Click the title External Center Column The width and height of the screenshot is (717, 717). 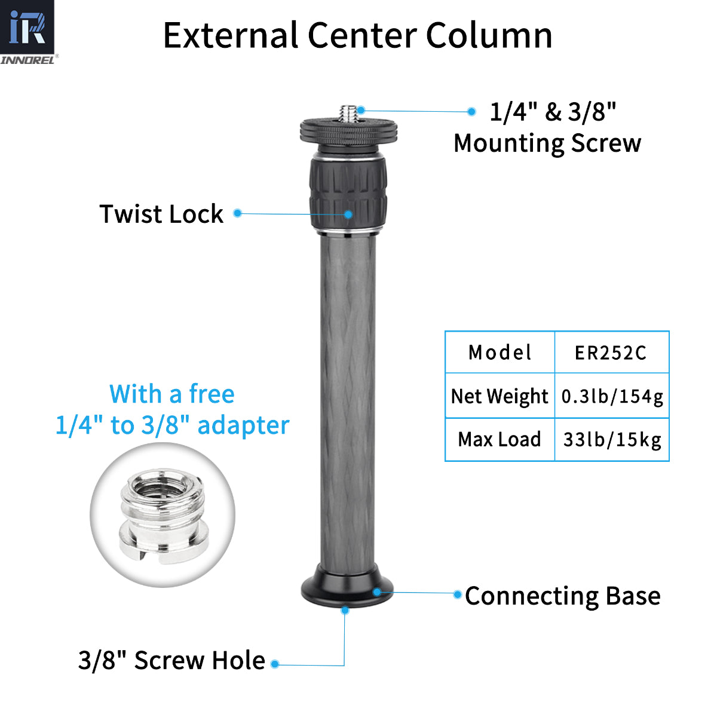[x=357, y=35]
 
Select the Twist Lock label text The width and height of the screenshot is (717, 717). [x=161, y=214]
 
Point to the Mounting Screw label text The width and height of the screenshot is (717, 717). [x=547, y=143]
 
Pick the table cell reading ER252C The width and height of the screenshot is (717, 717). [x=611, y=353]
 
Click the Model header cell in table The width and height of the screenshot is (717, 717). [x=500, y=353]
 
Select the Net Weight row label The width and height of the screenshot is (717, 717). [x=500, y=396]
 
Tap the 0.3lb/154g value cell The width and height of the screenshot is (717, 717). [x=612, y=396]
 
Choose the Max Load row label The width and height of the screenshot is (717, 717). [x=500, y=440]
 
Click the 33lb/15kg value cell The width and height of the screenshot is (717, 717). [x=612, y=440]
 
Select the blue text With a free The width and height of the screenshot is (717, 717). [x=172, y=394]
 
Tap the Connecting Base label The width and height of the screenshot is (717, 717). [x=562, y=596]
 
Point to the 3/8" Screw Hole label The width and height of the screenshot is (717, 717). [x=171, y=661]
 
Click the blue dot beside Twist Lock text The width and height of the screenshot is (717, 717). [x=237, y=213]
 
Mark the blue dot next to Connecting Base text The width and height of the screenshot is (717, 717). [x=457, y=594]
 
